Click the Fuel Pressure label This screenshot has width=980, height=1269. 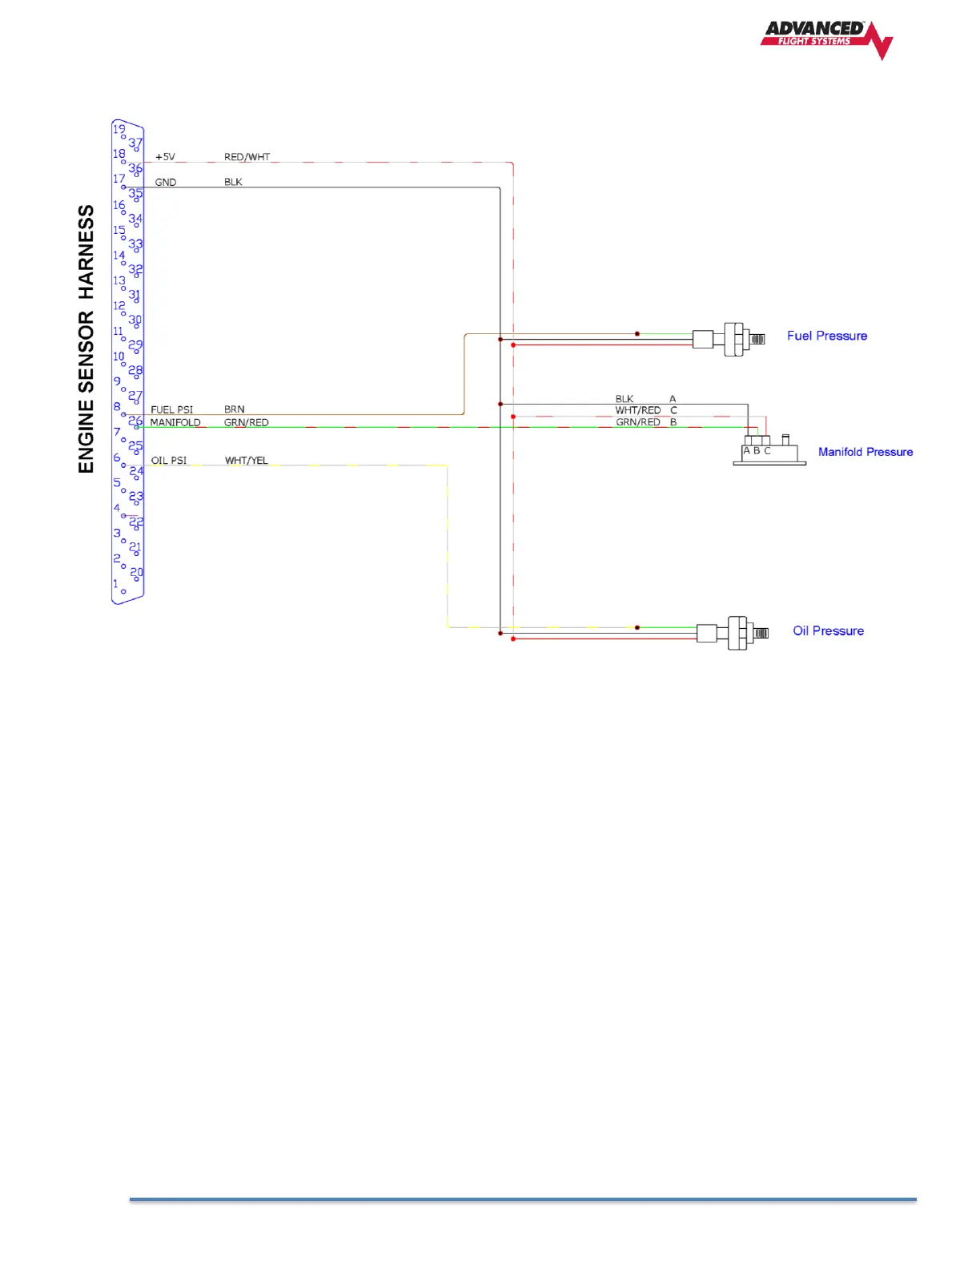pyautogui.click(x=826, y=336)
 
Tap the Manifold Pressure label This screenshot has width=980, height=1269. pyautogui.click(x=865, y=452)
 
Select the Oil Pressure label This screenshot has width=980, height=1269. pyautogui.click(x=828, y=630)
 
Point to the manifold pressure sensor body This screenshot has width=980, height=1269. pyautogui.click(x=769, y=453)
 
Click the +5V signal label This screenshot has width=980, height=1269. pyautogui.click(x=165, y=157)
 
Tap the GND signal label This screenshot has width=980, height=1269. pyautogui.click(x=165, y=182)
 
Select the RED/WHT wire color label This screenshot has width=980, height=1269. pyautogui.click(x=247, y=157)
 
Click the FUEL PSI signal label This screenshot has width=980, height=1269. pyautogui.click(x=171, y=409)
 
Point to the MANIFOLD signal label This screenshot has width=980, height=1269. pyautogui.click(x=175, y=422)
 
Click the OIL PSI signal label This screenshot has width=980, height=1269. pyautogui.click(x=169, y=461)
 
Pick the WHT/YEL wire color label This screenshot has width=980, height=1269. pyautogui.click(x=246, y=461)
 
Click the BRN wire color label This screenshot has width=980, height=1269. pyautogui.click(x=234, y=409)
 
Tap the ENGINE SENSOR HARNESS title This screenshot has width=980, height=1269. pyautogui.click(x=86, y=338)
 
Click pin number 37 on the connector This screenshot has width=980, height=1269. pyautogui.click(x=135, y=143)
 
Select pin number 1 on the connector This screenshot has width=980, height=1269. pyautogui.click(x=116, y=584)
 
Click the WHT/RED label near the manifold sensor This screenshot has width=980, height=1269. pyautogui.click(x=637, y=410)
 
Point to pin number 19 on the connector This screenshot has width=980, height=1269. pyautogui.click(x=119, y=129)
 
